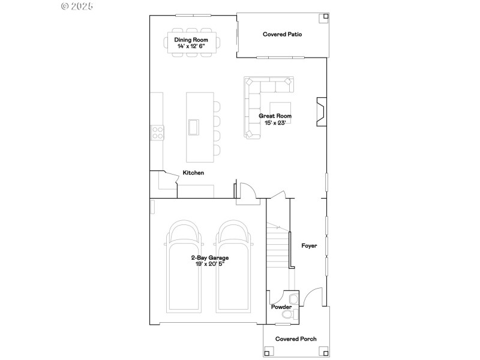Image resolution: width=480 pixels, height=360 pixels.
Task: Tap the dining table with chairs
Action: [193, 43]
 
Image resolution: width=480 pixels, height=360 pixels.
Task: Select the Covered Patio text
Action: [282, 34]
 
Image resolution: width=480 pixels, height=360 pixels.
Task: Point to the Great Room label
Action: [275, 116]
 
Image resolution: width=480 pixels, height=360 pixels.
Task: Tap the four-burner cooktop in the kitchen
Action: [157, 132]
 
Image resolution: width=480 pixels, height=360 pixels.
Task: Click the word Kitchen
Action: [193, 173]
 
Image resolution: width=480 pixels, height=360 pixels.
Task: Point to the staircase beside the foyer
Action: [278, 246]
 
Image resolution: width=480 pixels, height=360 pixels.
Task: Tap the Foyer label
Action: [309, 246]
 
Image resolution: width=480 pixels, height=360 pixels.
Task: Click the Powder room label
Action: [281, 307]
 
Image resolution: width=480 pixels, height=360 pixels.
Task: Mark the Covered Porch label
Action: [296, 339]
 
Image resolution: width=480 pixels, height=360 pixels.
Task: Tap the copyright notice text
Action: [78, 6]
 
